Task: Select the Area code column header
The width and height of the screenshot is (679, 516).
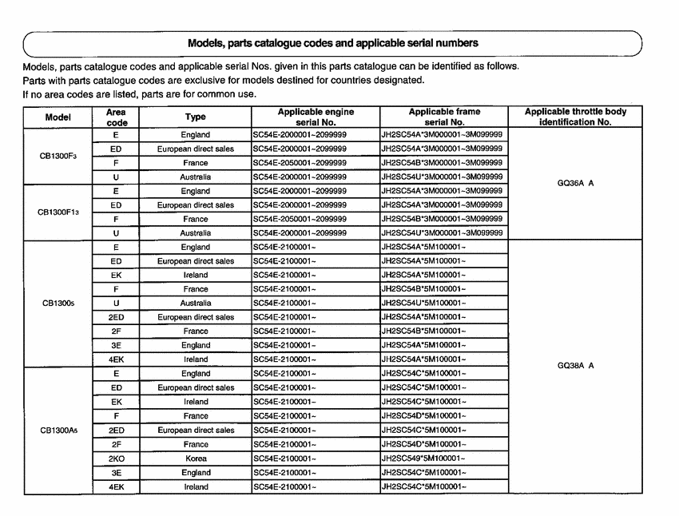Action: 116,117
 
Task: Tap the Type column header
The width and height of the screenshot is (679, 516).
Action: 195,117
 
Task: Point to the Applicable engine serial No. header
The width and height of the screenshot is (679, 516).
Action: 316,117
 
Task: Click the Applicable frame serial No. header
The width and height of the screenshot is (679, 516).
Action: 444,117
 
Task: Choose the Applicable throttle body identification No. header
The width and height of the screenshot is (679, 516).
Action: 575,117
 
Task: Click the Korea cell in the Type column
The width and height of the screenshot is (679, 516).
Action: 195,458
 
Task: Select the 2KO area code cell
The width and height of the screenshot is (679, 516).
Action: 116,458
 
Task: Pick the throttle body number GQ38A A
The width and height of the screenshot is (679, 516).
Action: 575,367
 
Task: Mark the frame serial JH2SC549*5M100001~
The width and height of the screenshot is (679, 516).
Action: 424,458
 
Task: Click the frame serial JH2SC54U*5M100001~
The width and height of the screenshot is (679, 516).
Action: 424,304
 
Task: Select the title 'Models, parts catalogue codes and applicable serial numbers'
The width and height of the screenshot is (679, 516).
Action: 332,42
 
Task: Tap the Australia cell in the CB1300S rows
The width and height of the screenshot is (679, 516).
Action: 195,304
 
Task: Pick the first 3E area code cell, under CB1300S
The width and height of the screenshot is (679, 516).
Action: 116,346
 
